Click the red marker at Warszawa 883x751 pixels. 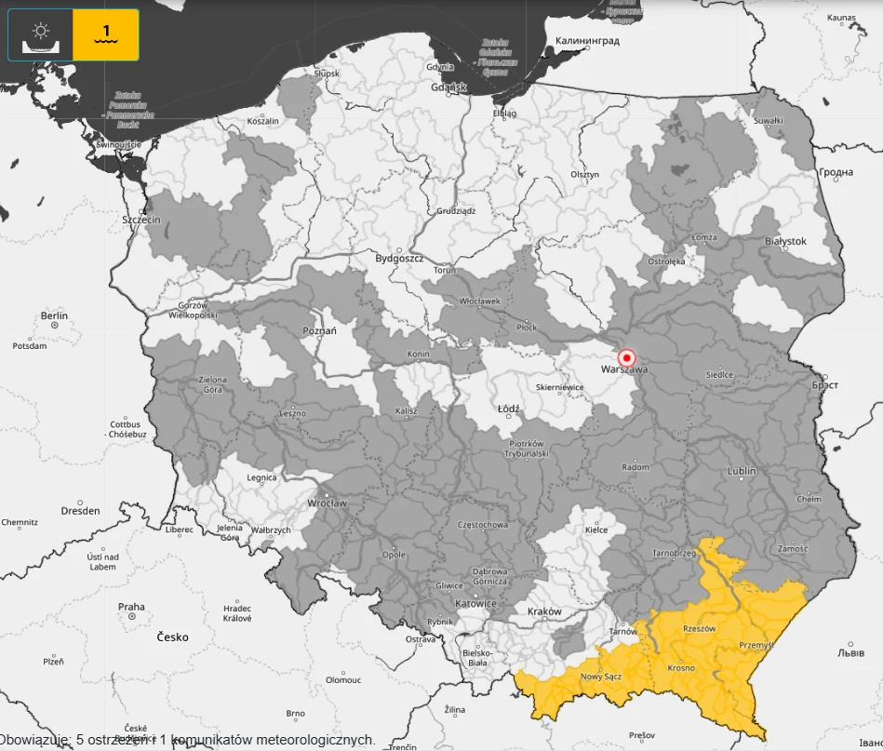[626, 357]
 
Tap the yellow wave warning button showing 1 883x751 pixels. [106, 35]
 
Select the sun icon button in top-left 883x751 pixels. [41, 35]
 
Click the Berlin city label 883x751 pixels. [54, 315]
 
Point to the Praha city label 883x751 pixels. [131, 607]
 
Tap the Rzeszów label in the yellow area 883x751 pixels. [699, 628]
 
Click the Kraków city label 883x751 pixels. [544, 611]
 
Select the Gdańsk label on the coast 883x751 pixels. [448, 87]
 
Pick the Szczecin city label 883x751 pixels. [141, 220]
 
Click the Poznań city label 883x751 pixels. [320, 330]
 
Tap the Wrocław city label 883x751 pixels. [327, 503]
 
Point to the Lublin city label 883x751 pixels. [742, 471]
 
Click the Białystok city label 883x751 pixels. [785, 241]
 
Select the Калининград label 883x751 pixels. [586, 41]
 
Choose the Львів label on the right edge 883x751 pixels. [850, 652]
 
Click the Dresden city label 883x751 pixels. [80, 511]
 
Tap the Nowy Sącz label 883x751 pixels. [600, 677]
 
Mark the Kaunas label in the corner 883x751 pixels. [840, 17]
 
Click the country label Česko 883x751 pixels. [172, 637]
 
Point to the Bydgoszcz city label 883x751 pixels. [399, 258]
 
